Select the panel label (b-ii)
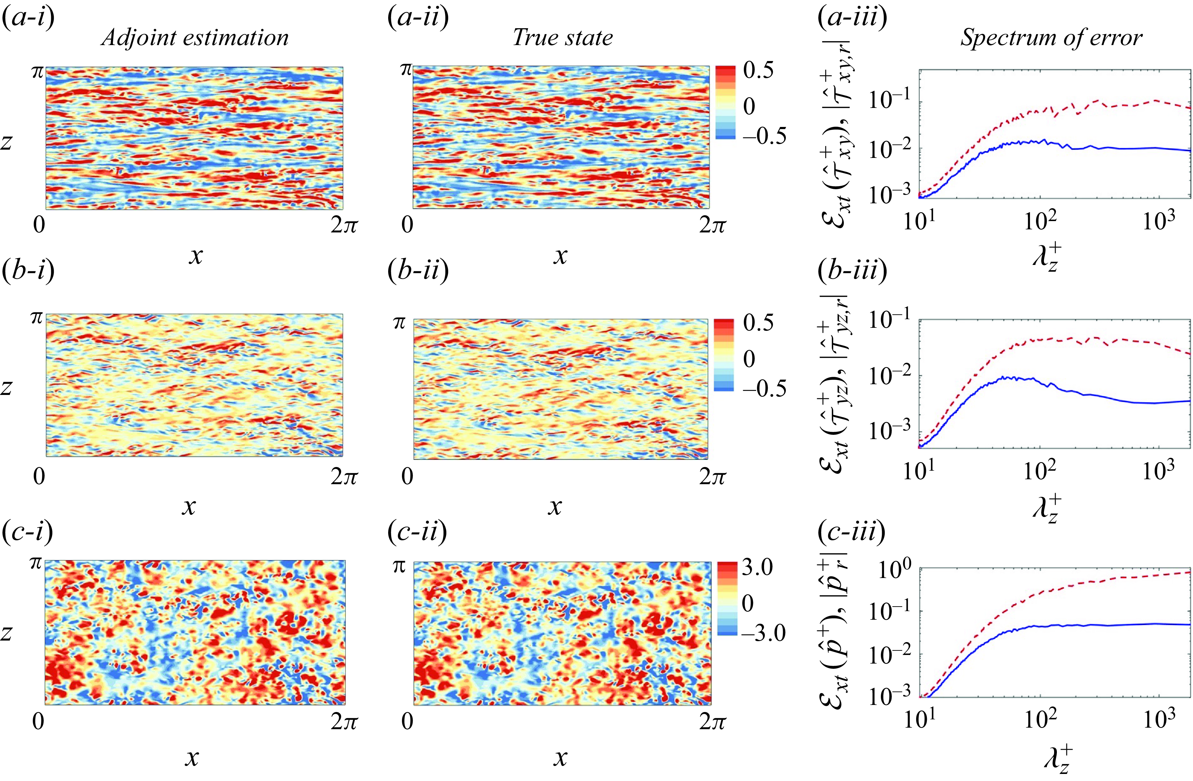418,271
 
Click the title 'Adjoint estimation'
195,38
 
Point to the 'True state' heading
562,38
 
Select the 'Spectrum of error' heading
1051,38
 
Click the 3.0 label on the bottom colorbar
757,568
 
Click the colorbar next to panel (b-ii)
723,354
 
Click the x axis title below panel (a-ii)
560,256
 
